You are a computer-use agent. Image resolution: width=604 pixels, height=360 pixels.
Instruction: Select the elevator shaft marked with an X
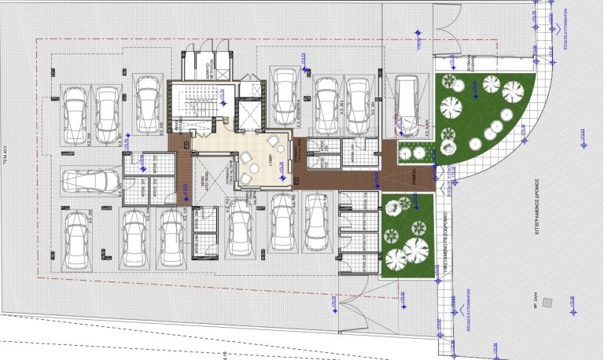coord(249,116)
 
